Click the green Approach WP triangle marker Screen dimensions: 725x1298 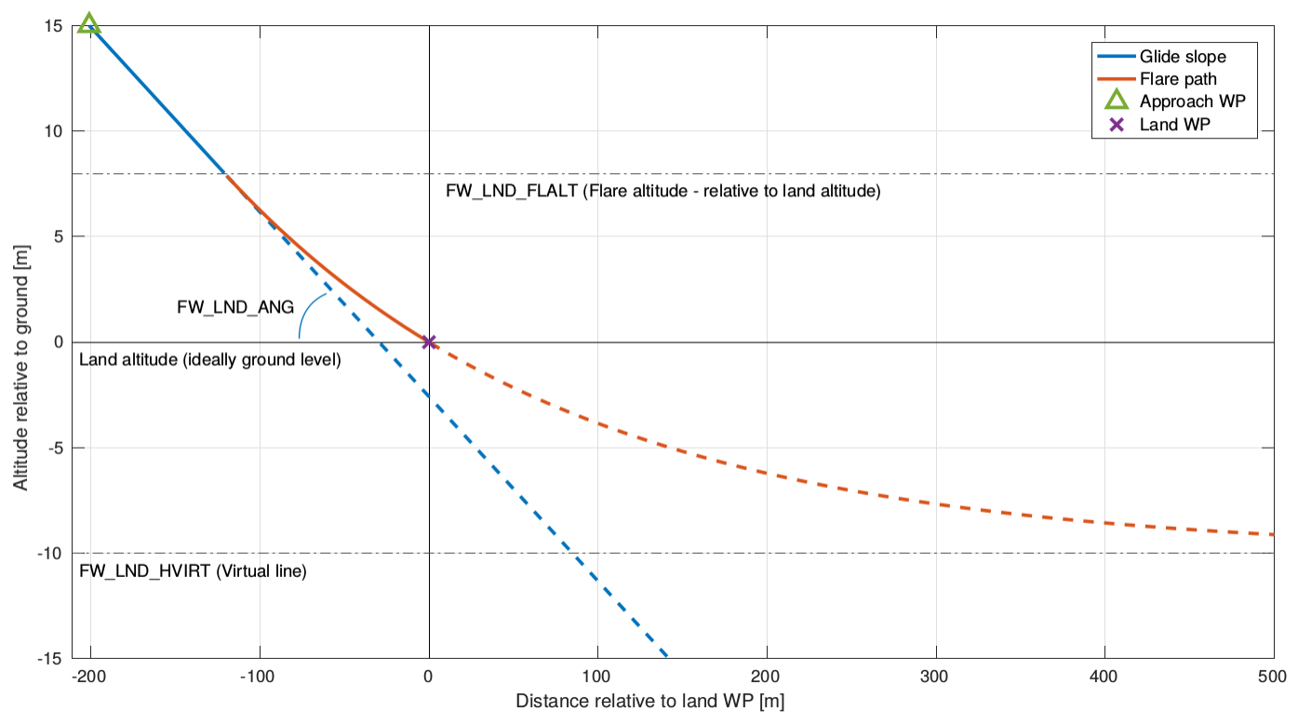[x=89, y=23]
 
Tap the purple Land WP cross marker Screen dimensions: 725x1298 [x=429, y=342]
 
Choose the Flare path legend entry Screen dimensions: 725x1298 [x=1177, y=79]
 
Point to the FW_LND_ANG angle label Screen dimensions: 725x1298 [x=235, y=306]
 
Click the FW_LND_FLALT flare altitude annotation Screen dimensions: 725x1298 [x=662, y=193]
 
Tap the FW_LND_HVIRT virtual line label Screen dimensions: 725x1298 [x=193, y=571]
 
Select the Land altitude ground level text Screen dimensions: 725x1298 [x=210, y=360]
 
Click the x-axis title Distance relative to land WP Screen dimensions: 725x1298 [x=649, y=701]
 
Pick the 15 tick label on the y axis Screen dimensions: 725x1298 [x=53, y=26]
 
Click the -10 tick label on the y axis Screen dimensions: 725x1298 [x=49, y=554]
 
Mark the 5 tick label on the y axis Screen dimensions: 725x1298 [x=57, y=236]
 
